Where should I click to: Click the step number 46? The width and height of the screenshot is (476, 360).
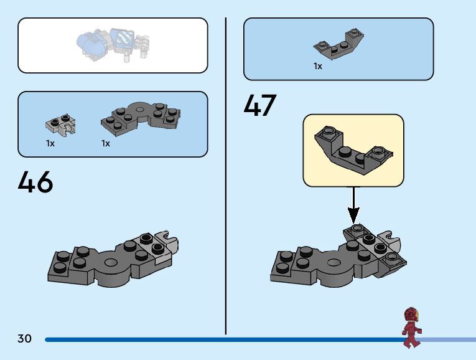35,182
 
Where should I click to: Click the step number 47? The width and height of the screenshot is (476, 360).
259,106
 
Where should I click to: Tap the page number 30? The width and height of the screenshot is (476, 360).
24,339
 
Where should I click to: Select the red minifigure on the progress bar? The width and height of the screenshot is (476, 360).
411,327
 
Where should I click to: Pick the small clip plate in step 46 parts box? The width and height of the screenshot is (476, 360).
60,124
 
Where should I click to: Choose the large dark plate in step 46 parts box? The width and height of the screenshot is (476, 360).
141,119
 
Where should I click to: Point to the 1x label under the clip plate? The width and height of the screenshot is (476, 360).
50,143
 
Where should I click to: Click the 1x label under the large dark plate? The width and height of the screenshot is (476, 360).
106,143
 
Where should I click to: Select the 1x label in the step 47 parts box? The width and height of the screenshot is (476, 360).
318,66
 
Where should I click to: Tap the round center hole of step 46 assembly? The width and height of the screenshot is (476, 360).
111,263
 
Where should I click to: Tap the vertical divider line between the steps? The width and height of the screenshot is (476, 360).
226,174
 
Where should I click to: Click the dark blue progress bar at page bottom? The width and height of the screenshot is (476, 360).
218,339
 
